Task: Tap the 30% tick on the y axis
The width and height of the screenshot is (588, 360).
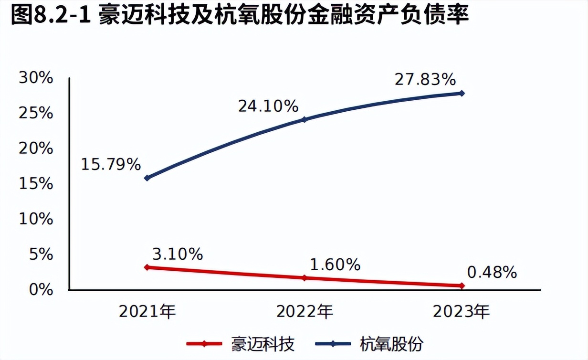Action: tap(36, 78)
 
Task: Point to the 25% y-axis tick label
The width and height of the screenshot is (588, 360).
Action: tap(36, 113)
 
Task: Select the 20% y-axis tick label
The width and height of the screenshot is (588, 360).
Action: tap(36, 148)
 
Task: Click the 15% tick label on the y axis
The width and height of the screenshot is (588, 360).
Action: tap(36, 184)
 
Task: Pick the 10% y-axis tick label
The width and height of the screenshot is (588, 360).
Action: tap(36, 219)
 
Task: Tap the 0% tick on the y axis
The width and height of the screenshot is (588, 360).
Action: tap(40, 289)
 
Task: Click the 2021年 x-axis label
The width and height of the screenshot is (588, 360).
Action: tap(147, 312)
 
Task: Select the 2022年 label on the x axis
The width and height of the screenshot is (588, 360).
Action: tap(304, 312)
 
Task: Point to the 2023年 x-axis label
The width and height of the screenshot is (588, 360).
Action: tap(461, 312)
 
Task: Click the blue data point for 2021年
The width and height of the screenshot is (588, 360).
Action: tap(147, 178)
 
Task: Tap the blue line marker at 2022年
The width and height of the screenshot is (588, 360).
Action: tap(304, 119)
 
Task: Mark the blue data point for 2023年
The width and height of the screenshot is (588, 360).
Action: tap(462, 93)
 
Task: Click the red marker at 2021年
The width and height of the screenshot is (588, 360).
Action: tap(147, 267)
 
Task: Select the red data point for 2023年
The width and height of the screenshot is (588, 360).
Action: tap(462, 286)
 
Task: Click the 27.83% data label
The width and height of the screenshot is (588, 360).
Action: tap(425, 79)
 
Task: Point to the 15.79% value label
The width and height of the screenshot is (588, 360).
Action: tap(111, 165)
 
